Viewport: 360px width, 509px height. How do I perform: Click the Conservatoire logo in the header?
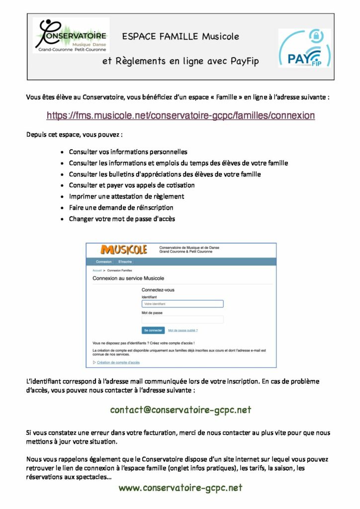point(71,35)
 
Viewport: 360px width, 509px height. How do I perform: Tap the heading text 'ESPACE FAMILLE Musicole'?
point(180,36)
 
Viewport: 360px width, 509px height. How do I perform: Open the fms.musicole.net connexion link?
point(180,115)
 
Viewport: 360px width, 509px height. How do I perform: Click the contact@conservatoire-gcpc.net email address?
point(180,410)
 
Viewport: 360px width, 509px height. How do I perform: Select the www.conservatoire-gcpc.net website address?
point(180,488)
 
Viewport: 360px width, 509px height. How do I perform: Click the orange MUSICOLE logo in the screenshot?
point(124,250)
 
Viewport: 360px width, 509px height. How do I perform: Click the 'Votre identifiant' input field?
point(182,304)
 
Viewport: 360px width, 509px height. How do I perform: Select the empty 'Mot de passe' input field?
point(182,320)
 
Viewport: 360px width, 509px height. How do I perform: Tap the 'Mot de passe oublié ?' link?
point(183,330)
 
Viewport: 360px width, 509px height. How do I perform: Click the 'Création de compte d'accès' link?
point(118,362)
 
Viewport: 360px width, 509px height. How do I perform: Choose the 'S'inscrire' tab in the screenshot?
point(125,261)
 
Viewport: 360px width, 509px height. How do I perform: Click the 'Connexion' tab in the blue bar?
point(104,261)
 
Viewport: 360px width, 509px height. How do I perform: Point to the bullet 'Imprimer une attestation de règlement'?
point(126,196)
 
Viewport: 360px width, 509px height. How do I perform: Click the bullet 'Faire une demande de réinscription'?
point(121,207)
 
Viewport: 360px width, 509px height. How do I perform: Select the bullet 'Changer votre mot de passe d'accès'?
point(122,219)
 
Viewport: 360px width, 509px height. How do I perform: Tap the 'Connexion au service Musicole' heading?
point(128,278)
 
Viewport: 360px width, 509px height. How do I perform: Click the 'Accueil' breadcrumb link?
point(97,270)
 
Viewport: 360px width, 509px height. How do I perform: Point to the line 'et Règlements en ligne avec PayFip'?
point(180,61)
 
